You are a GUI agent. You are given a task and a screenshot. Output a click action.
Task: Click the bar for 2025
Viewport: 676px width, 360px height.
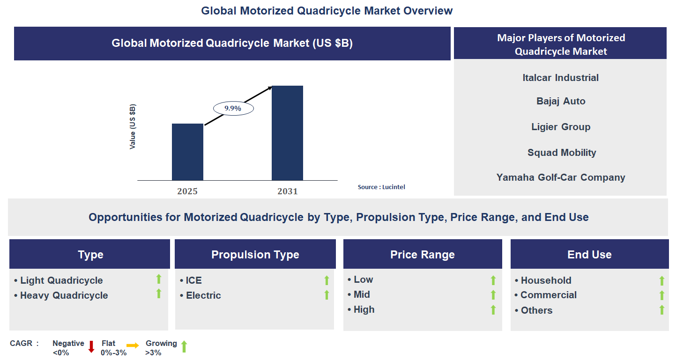(x=187, y=152)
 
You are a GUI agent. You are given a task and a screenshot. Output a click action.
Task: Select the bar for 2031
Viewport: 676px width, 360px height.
(x=287, y=133)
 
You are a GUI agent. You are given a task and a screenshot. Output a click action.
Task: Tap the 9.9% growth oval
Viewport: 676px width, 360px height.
(x=233, y=109)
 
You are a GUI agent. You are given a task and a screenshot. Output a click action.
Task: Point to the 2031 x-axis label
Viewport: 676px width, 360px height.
(x=287, y=191)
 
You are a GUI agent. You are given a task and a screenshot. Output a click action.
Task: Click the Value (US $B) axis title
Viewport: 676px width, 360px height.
(x=133, y=127)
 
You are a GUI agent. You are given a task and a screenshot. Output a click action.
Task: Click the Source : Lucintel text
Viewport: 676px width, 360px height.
(x=381, y=187)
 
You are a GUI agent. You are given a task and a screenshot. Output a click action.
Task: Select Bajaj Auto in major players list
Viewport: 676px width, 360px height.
(x=561, y=101)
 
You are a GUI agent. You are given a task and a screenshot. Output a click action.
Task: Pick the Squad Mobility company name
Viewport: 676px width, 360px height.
(x=561, y=153)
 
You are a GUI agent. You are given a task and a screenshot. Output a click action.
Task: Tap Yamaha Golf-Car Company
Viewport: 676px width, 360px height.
(x=561, y=177)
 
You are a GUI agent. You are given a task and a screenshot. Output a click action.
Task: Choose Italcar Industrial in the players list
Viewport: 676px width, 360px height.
(x=560, y=78)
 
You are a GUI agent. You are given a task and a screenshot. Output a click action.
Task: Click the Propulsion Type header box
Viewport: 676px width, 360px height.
(x=255, y=255)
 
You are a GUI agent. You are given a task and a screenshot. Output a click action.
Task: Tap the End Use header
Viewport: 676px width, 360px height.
(x=589, y=255)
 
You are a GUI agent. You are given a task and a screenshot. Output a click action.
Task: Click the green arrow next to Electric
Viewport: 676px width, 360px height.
(x=327, y=295)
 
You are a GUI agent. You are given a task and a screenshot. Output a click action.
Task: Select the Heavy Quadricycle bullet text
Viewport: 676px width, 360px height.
(x=64, y=295)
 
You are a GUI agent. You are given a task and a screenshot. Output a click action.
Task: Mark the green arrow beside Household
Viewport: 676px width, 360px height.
(x=661, y=280)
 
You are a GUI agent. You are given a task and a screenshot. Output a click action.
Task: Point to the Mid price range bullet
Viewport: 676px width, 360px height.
(x=362, y=294)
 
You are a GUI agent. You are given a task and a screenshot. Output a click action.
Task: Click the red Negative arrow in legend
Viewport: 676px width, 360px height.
(x=91, y=347)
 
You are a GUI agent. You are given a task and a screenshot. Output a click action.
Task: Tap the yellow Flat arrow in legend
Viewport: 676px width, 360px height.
(x=133, y=346)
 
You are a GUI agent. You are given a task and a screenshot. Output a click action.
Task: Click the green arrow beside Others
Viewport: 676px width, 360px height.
(x=661, y=310)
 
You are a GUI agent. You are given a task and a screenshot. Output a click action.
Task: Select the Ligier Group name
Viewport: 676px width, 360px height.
(x=561, y=127)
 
